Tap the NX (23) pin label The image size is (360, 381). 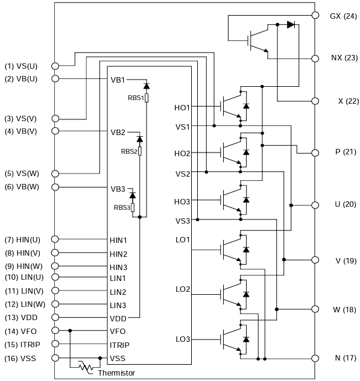pos(344,58)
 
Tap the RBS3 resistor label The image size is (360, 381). pos(122,207)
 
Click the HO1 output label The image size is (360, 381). pos(182,107)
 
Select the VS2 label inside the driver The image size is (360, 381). pos(182,174)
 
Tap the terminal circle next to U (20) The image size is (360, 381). pos(315,205)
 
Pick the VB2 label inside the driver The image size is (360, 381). pos(118,131)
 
